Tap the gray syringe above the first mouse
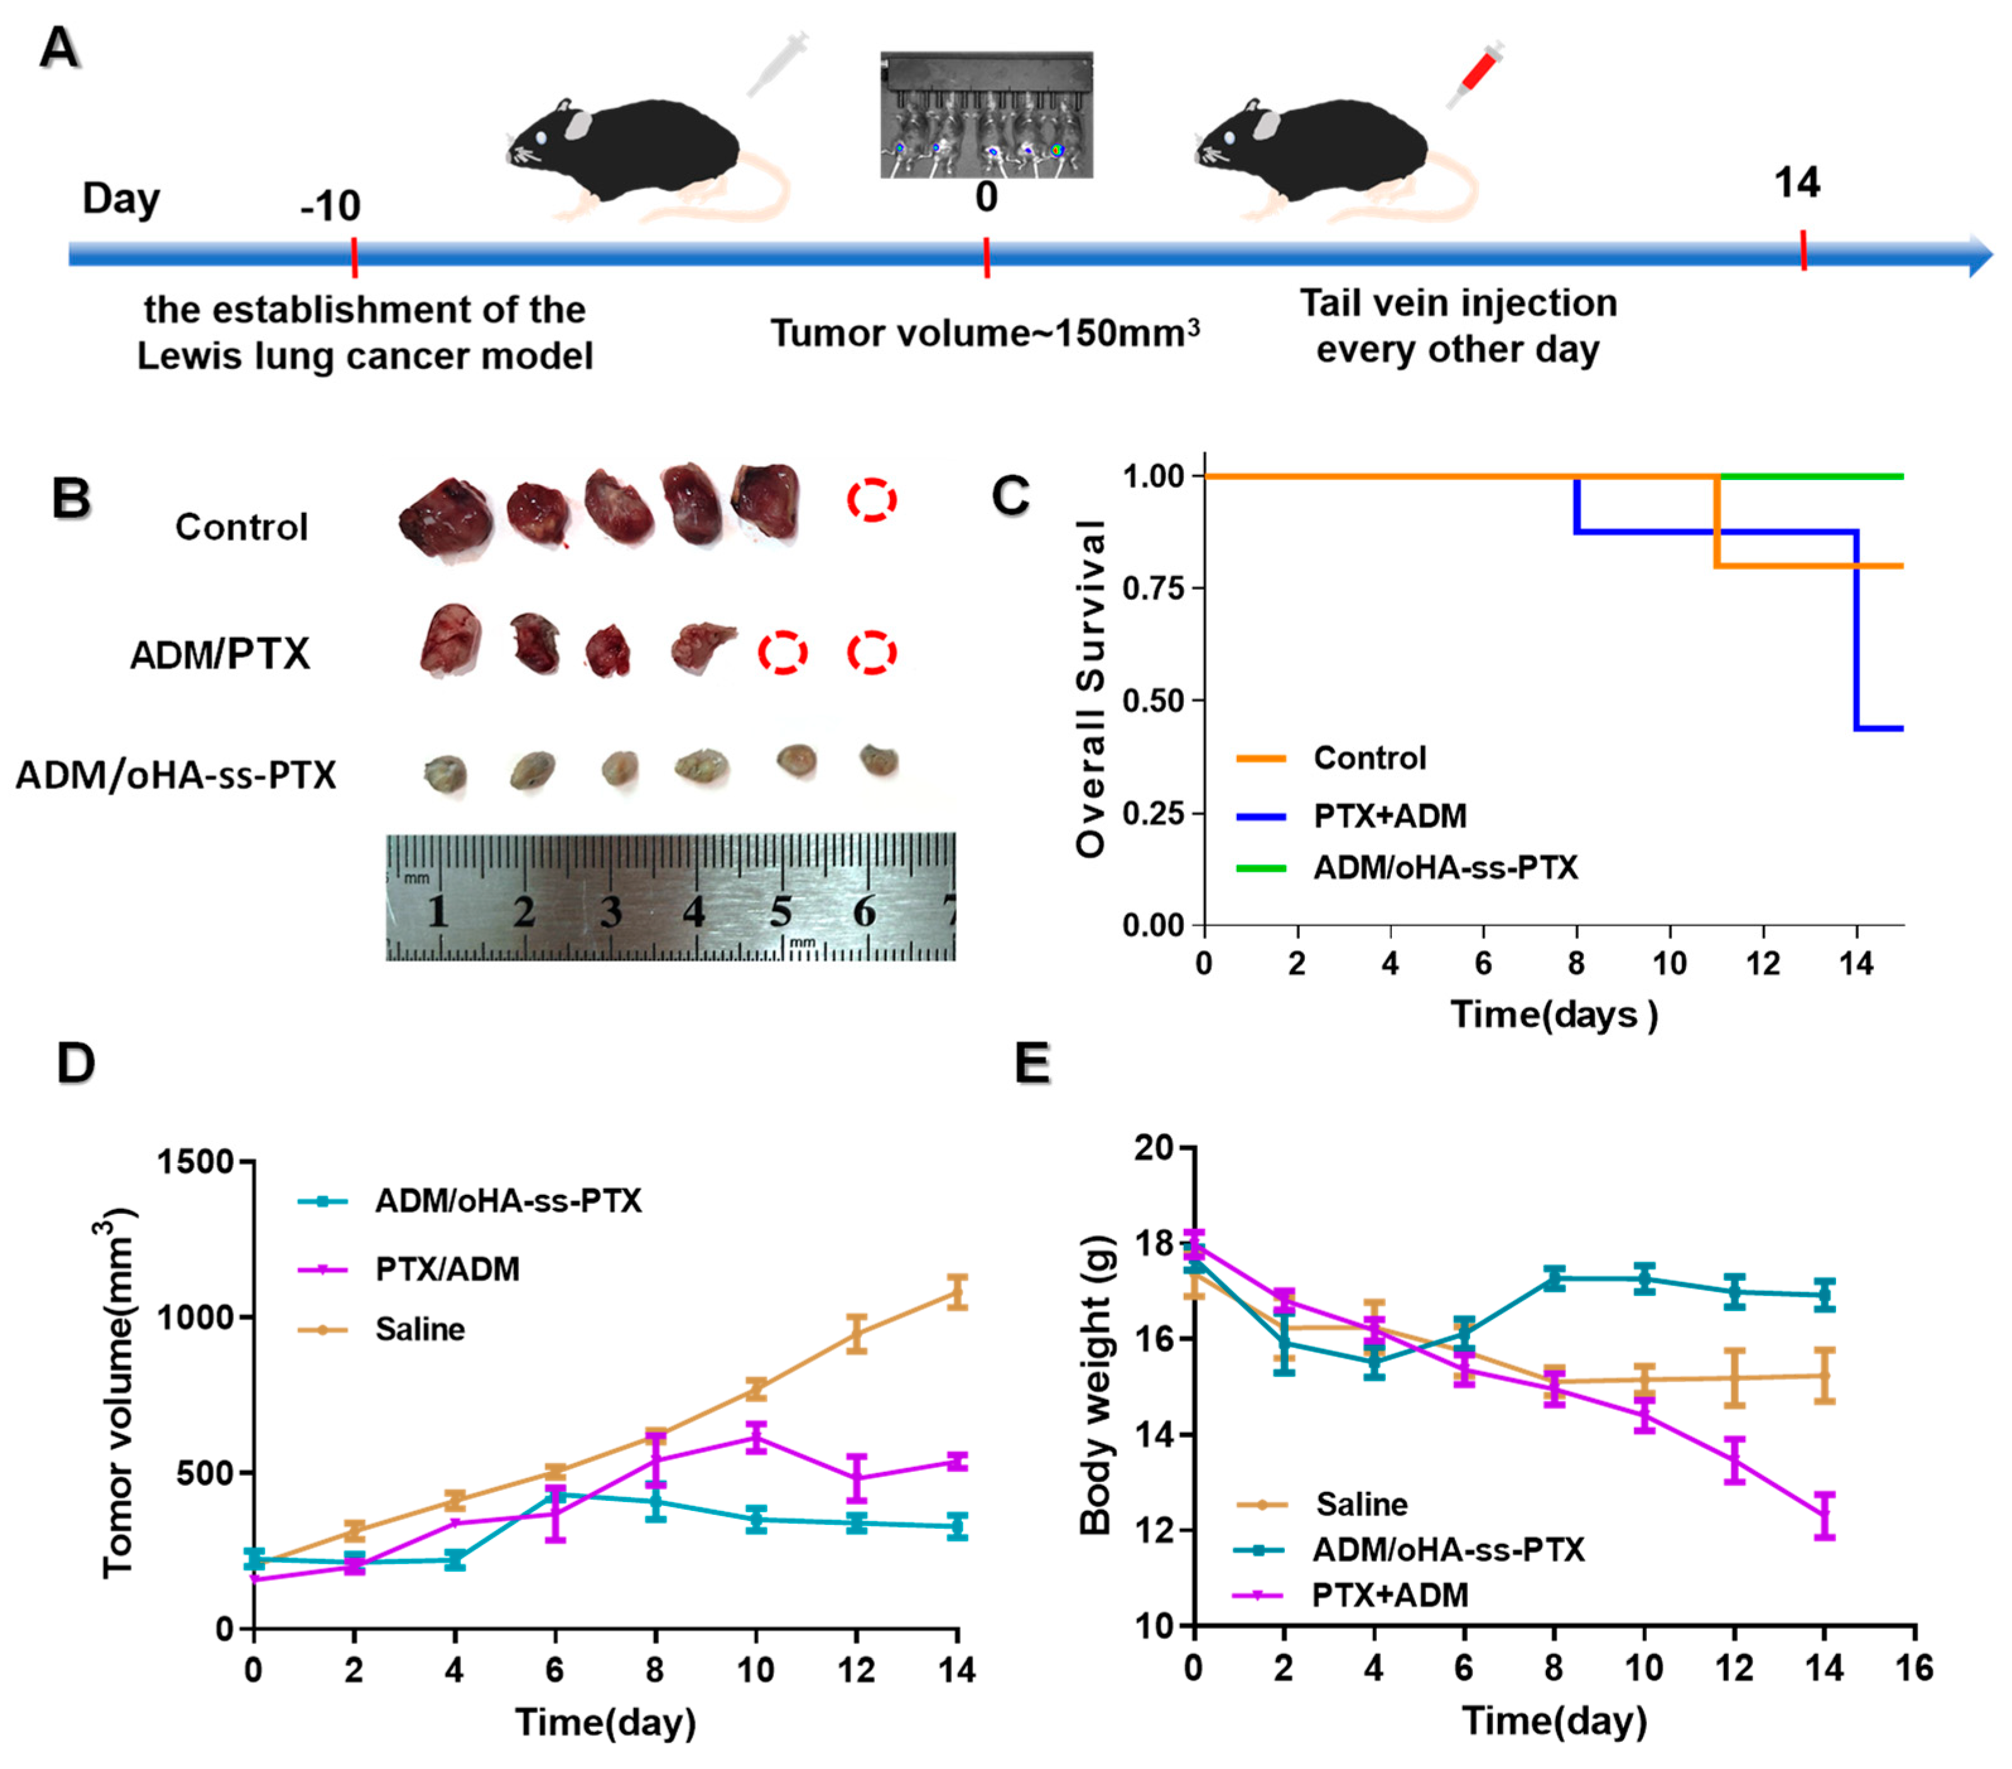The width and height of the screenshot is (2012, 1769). click(776, 63)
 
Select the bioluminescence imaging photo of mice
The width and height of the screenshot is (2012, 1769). click(986, 115)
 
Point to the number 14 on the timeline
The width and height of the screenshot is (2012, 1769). click(1796, 183)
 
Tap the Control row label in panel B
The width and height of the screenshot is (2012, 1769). click(241, 527)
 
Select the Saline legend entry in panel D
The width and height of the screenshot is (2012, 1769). click(419, 1330)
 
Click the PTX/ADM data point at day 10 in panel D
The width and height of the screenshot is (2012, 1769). click(756, 1437)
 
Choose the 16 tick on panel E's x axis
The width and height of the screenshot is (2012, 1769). click(1914, 1669)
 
